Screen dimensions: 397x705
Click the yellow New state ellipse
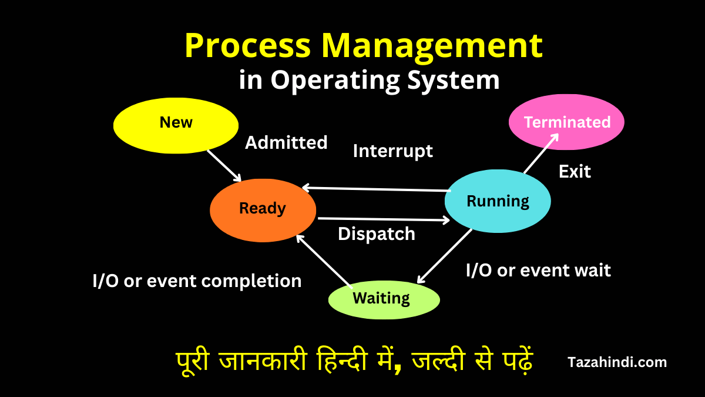(176, 125)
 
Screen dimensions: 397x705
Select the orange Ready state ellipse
(263, 210)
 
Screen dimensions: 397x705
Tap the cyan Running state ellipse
(498, 202)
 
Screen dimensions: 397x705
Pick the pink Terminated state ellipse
(566, 122)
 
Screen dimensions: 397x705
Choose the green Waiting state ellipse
(383, 299)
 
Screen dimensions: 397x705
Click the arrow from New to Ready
(224, 165)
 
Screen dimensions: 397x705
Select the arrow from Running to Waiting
(445, 256)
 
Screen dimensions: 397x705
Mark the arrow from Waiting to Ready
(324, 261)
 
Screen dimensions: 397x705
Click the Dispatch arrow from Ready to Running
(384, 219)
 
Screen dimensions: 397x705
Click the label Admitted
(286, 143)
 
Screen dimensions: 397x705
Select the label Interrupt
(392, 151)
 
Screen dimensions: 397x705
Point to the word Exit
(575, 172)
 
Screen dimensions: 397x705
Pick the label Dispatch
(376, 234)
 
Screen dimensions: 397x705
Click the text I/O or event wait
(538, 271)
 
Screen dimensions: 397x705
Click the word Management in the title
(432, 46)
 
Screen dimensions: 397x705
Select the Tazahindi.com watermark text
(617, 362)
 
